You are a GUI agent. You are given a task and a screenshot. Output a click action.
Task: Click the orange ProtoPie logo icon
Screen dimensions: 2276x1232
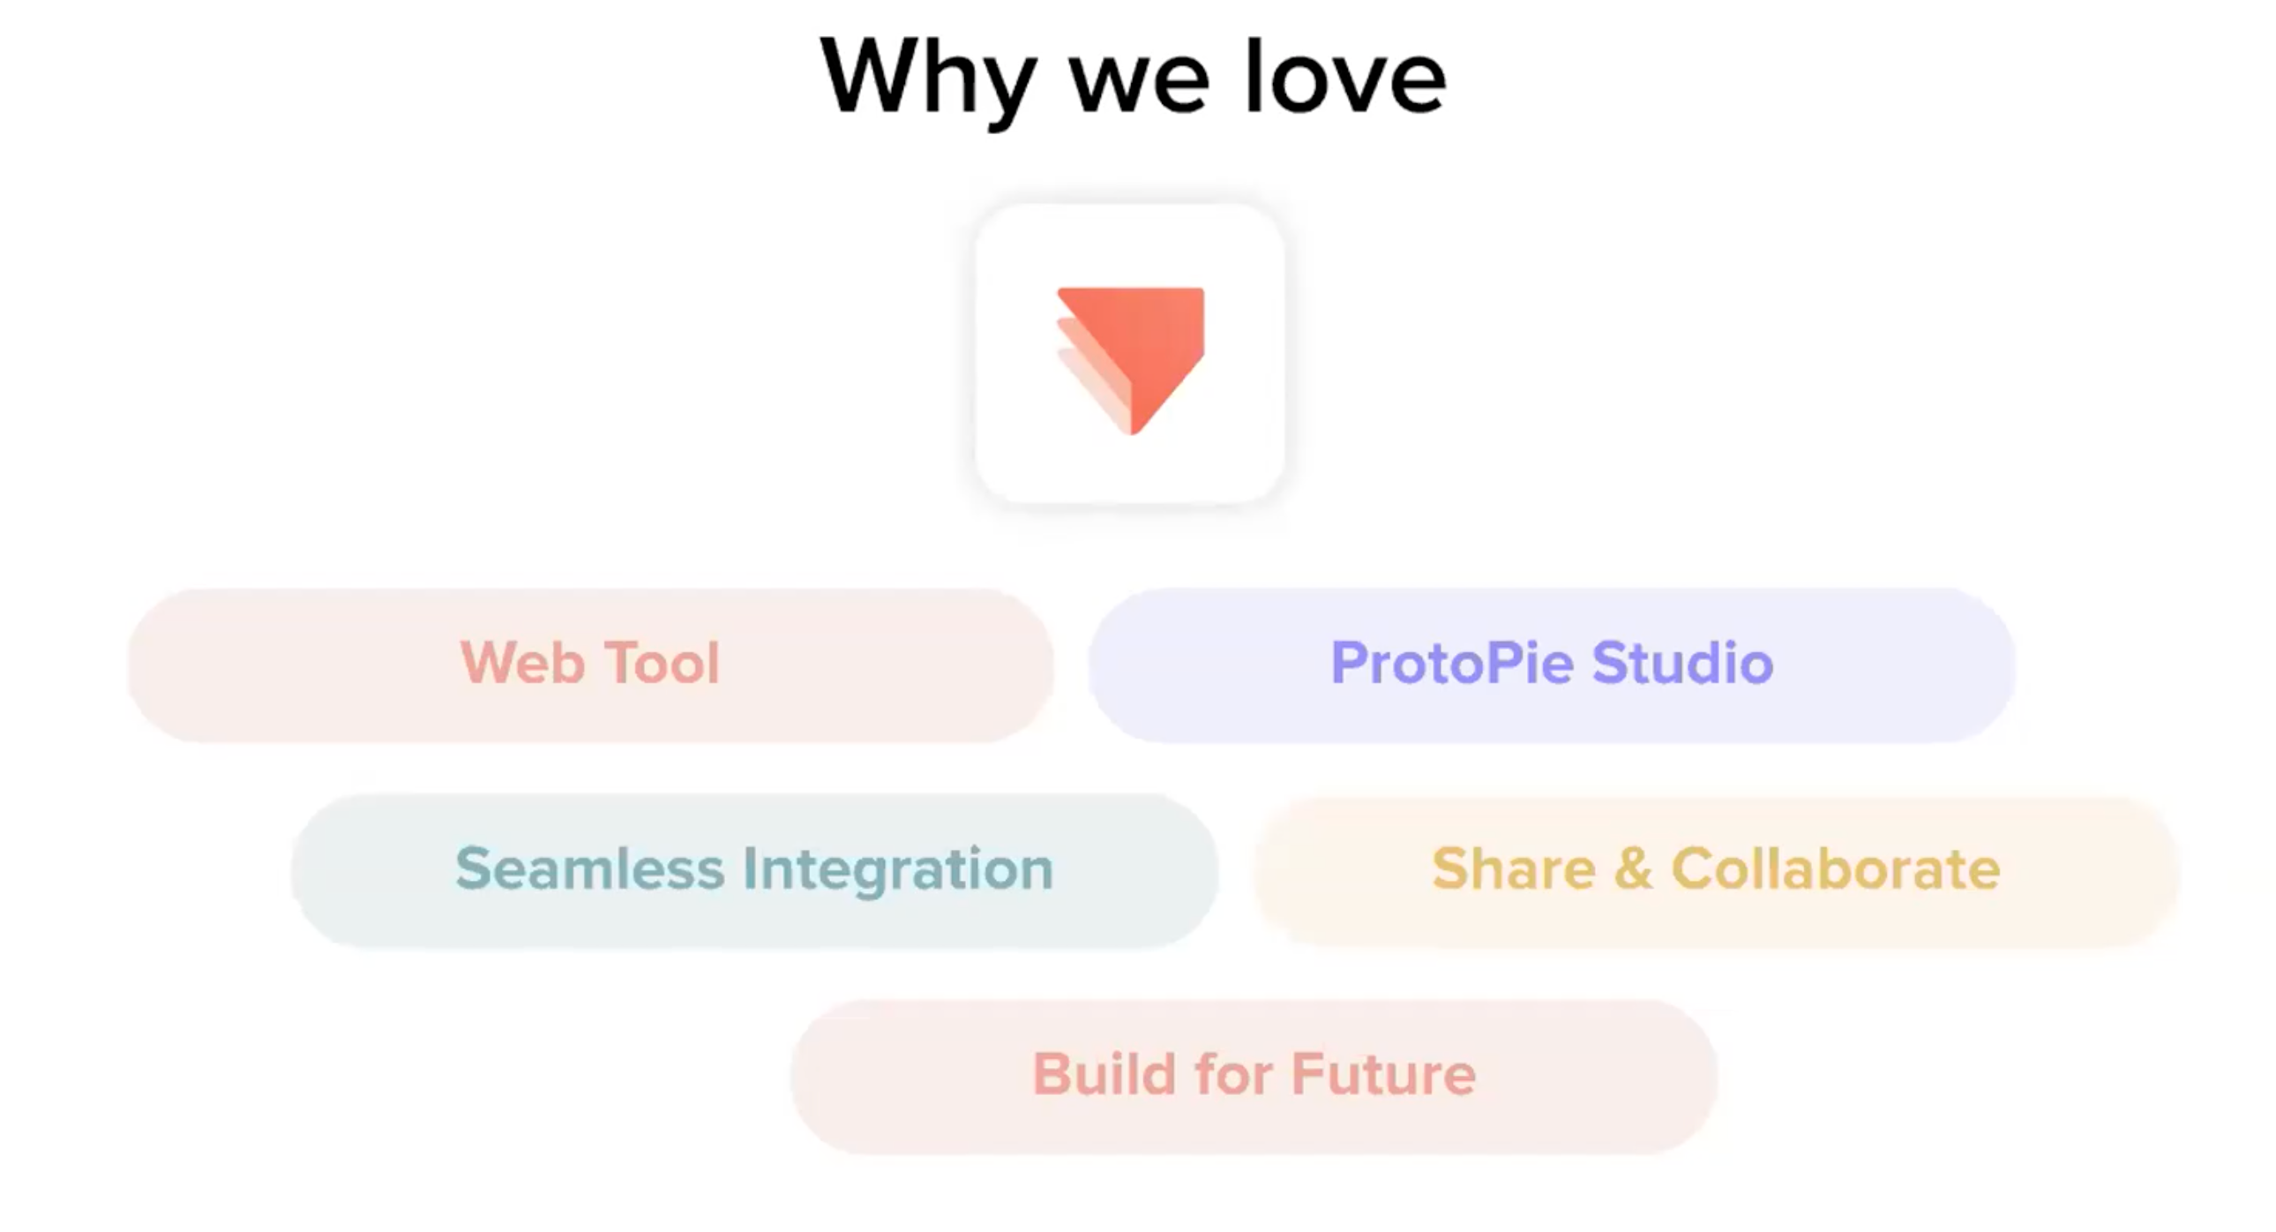pos(1131,361)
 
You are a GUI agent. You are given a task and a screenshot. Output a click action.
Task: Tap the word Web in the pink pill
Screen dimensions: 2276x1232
pos(522,662)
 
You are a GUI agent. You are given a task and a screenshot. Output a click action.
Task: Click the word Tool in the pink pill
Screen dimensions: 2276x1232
pos(663,662)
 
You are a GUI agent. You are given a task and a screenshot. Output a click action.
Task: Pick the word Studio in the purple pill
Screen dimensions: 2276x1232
pos(1683,662)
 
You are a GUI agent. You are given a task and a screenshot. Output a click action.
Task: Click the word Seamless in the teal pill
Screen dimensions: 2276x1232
pos(589,868)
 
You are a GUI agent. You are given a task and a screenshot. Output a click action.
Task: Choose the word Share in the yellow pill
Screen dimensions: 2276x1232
pos(1514,868)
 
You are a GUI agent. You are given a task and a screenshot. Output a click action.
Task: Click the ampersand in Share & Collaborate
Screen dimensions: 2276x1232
pos(1634,868)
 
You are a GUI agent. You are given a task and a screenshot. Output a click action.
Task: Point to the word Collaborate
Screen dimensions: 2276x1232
pos(1836,868)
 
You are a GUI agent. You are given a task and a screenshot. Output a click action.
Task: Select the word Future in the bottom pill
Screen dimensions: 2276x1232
pos(1383,1074)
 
